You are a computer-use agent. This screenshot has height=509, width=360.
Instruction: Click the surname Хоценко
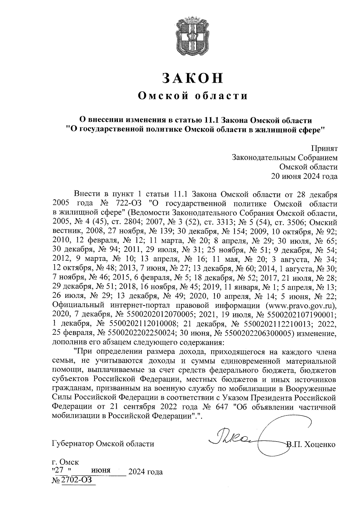pos(319,444)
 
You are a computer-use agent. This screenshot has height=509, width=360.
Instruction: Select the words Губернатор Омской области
pos(103,444)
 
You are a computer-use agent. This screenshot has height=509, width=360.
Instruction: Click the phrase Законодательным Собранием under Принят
pos(285,158)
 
